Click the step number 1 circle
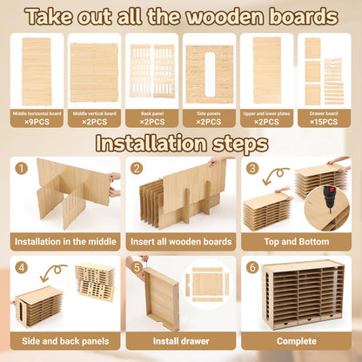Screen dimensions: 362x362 pos(22,169)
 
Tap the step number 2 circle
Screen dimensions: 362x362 pos(137,169)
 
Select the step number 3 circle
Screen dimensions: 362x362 pos(252,169)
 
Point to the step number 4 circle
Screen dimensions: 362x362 pos(22,268)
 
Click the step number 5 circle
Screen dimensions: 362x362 pos(137,268)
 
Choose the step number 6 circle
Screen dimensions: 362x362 pos(252,268)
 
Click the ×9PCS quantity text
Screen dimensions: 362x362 pos(37,122)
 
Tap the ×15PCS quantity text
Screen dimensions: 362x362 pos(324,122)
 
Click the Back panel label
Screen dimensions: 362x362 pos(152,114)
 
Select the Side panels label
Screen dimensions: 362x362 pos(210,114)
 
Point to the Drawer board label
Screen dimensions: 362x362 pos(324,114)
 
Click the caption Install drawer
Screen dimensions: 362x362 pos(181,341)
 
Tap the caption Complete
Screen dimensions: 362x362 pos(297,341)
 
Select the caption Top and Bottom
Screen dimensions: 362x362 pos(297,242)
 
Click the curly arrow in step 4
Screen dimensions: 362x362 pos(53,271)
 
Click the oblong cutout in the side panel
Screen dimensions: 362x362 pos(210,74)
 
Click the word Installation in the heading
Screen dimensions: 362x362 pos(151,143)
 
